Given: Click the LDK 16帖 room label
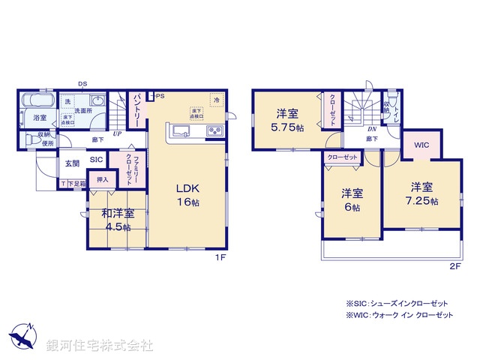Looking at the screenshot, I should tap(187, 195).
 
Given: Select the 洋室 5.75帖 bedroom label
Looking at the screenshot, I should tap(288, 121).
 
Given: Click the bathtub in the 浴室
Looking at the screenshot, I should tap(37, 100).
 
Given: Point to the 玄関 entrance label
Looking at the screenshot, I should tap(71, 163).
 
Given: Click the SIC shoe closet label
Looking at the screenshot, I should tap(97, 160).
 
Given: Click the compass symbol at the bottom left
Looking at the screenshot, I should tap(23, 336).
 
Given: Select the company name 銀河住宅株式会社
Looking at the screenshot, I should tap(100, 346).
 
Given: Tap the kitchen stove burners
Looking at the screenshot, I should tap(214, 133).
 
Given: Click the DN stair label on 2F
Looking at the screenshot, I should tap(370, 128).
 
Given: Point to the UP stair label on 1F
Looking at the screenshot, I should tap(117, 134).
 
